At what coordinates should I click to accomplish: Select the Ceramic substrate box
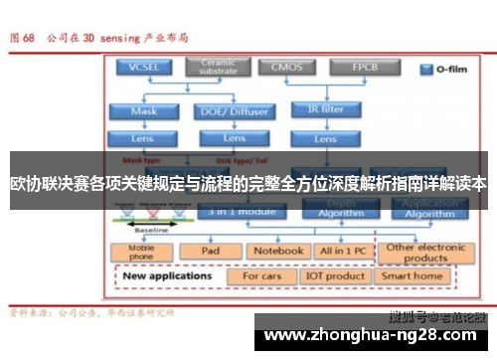point(217,67)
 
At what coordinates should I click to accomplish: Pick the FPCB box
point(363,67)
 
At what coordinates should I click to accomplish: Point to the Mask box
point(143,111)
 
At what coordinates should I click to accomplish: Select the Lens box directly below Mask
point(143,138)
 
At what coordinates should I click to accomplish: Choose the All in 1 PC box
point(341,251)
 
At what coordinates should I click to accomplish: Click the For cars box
point(261,275)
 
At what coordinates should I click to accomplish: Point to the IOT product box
point(335,275)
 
